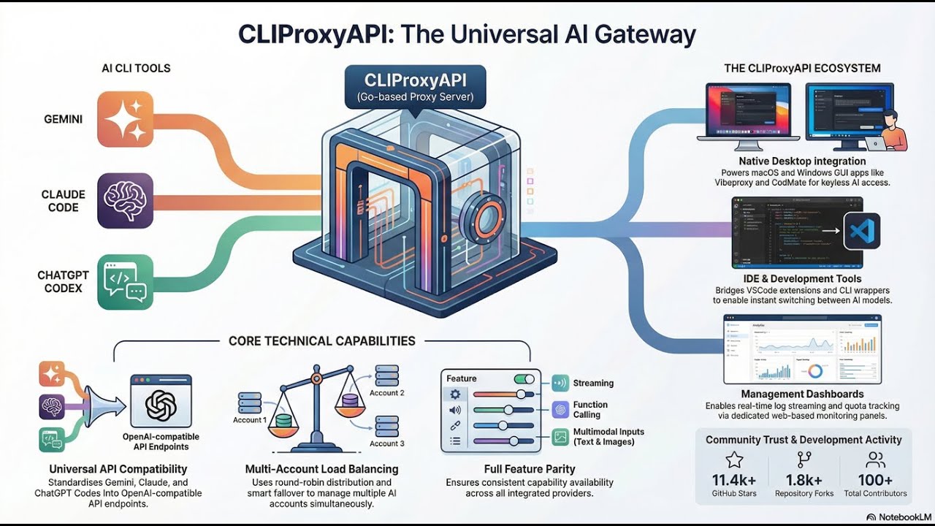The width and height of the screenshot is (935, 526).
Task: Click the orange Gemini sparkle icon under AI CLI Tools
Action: click(125, 119)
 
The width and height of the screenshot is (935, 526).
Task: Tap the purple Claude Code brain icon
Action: click(125, 200)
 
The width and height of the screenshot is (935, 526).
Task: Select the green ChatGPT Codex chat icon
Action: click(125, 282)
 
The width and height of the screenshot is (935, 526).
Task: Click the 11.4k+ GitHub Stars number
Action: click(734, 480)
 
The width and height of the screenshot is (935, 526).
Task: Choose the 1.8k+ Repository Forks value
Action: click(804, 480)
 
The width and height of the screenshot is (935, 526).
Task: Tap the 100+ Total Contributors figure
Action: click(875, 480)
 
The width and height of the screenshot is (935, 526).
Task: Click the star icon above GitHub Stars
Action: click(734, 460)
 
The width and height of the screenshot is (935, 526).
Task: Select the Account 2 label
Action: click(386, 393)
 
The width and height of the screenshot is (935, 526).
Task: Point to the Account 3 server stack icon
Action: click(386, 425)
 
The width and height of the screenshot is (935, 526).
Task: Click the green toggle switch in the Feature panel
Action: click(524, 378)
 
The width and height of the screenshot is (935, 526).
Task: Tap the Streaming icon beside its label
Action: click(560, 383)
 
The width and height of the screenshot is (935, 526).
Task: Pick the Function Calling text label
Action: click(590, 410)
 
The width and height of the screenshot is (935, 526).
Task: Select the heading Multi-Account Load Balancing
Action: click(321, 469)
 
